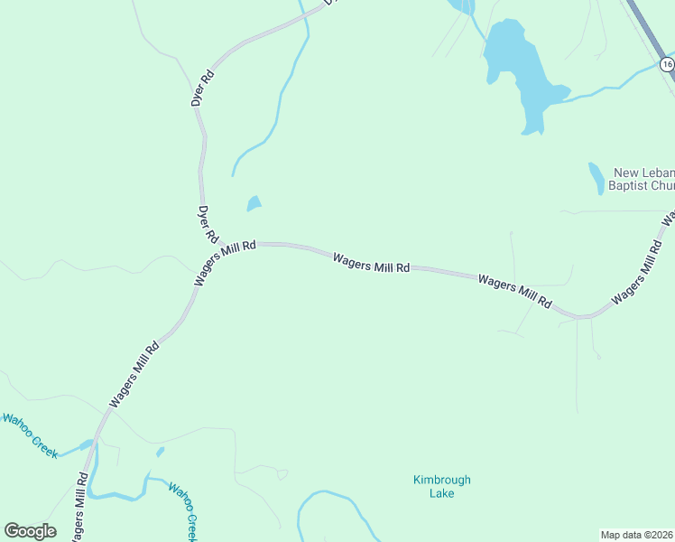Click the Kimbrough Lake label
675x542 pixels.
coord(441,486)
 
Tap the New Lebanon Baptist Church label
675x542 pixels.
coord(643,179)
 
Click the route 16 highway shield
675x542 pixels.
coord(666,64)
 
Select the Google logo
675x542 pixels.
coord(30,531)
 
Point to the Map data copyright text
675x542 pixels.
coord(637,535)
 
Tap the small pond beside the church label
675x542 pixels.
coord(596,178)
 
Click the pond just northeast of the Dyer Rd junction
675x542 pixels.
coord(254,204)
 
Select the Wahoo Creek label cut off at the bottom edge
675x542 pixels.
coord(183,511)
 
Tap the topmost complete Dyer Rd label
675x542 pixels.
coord(202,89)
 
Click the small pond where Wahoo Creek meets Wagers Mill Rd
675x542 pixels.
coord(87,444)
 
